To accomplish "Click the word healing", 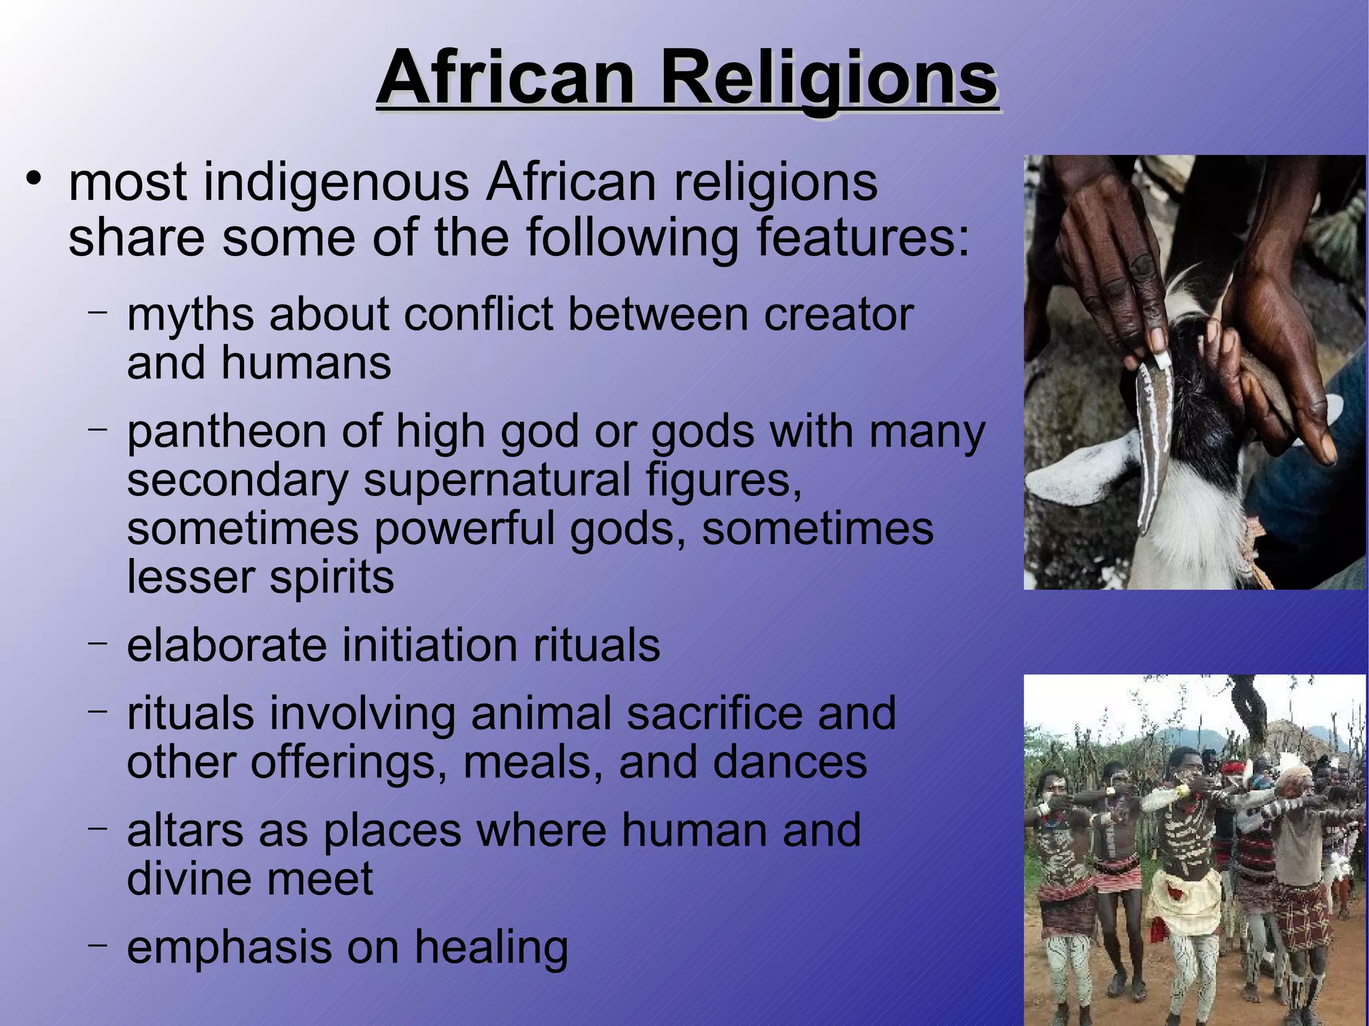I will tap(491, 948).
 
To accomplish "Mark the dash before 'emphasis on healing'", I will tap(98, 944).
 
